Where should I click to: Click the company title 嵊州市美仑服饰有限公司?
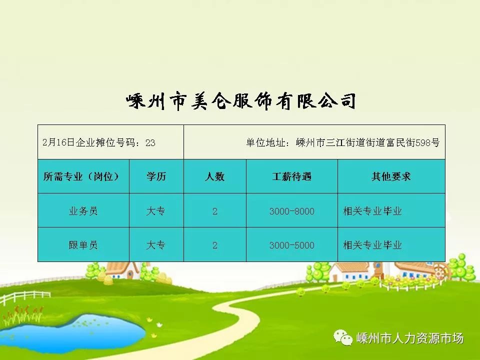(x=241, y=101)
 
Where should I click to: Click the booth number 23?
(x=150, y=142)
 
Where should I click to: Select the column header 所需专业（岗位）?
(x=81, y=176)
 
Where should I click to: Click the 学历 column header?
(x=156, y=176)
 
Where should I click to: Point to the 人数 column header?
(x=214, y=176)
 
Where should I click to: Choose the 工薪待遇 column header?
(x=291, y=176)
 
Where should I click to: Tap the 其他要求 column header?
(x=391, y=176)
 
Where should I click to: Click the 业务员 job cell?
(x=83, y=211)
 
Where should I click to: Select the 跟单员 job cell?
(x=83, y=245)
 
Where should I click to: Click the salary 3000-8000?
(x=291, y=211)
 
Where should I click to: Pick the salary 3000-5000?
(x=291, y=245)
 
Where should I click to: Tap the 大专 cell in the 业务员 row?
(x=156, y=211)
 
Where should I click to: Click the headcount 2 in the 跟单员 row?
(x=215, y=245)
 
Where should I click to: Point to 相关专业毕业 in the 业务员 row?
(x=372, y=211)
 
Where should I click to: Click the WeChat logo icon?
(x=343, y=337)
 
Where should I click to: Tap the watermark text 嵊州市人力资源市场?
(x=410, y=338)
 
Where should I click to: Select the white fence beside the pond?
(x=25, y=297)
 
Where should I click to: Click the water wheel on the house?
(x=441, y=270)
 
